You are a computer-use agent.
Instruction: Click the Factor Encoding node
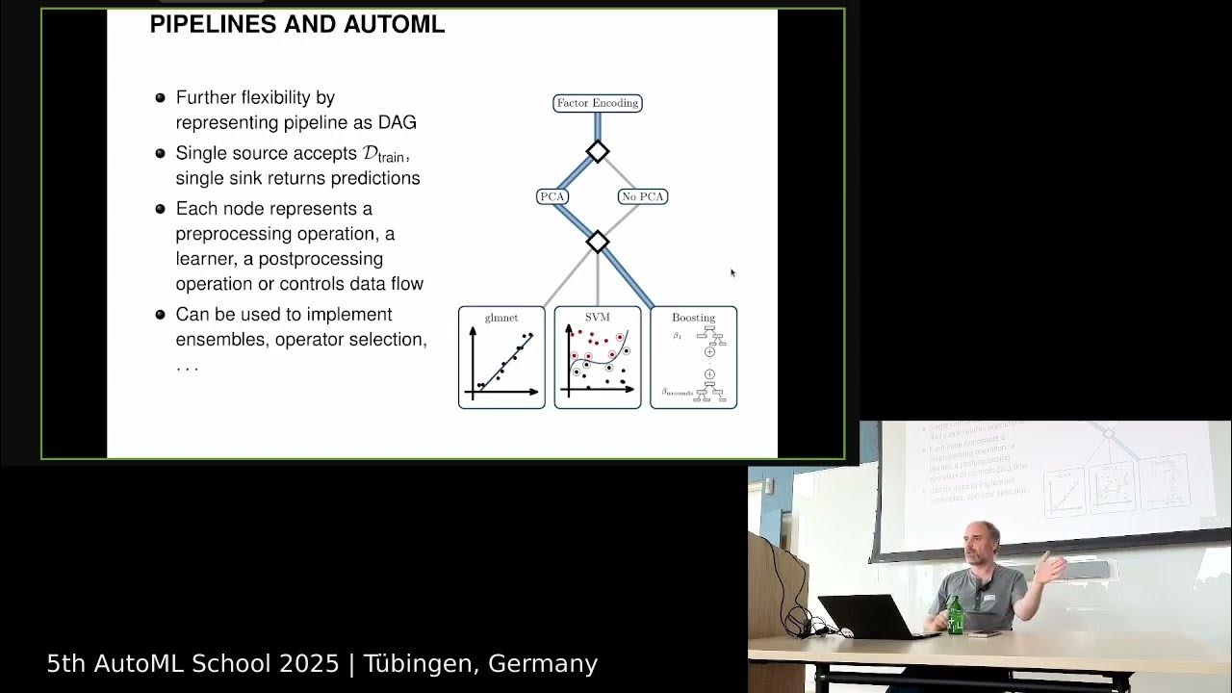597,103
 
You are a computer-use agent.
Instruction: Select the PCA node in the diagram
552,196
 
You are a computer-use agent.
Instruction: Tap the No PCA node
643,196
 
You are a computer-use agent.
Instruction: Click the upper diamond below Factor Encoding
598,151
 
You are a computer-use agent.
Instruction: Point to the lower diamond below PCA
598,242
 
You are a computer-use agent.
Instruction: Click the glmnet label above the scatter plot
501,317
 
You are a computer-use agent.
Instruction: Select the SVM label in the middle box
598,317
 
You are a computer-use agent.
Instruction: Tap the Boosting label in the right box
693,317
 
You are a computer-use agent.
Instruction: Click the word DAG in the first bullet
397,122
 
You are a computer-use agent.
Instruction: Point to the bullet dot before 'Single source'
161,154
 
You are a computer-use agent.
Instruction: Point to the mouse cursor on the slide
732,272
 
